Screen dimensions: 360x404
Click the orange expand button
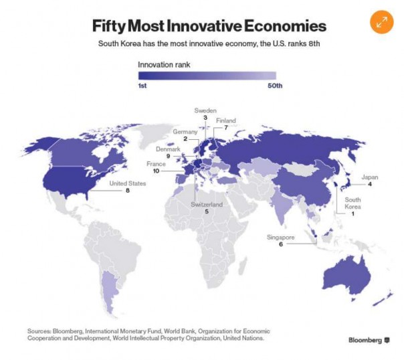tap(382, 21)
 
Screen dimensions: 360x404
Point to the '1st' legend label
tap(142, 86)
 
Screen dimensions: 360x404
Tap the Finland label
tap(226, 120)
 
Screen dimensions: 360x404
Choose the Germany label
tap(185, 132)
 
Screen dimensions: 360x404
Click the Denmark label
tap(169, 149)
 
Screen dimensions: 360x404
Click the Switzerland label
tap(206, 204)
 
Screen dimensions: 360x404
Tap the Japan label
tap(370, 177)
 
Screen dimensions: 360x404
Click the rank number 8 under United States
tap(126, 191)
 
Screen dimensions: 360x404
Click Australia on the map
tap(345, 275)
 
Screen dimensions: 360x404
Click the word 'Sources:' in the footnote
tap(39, 331)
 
